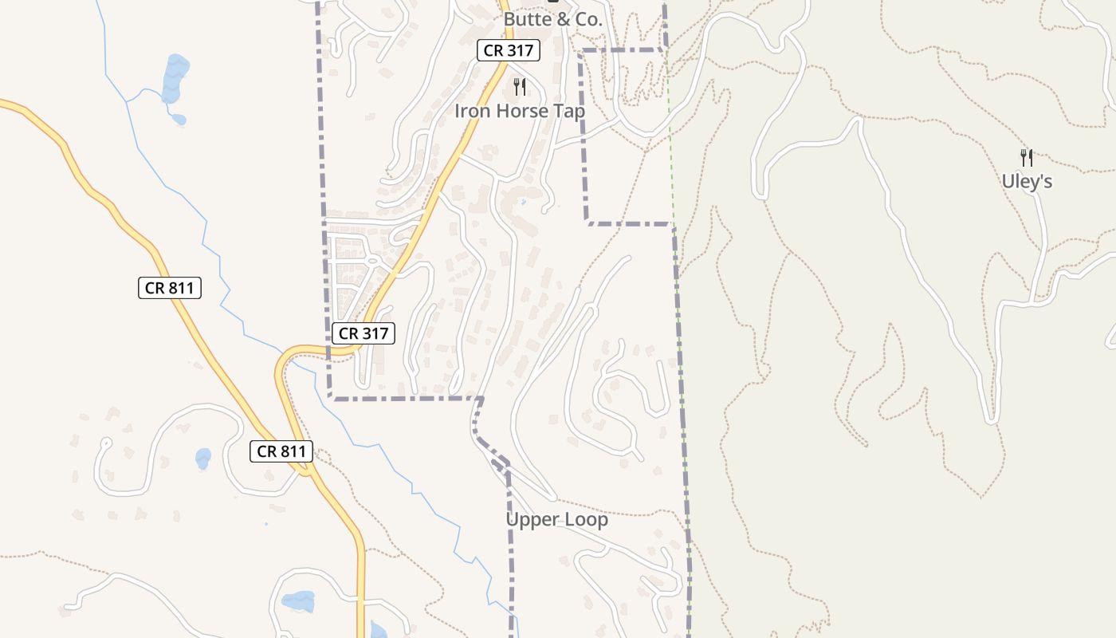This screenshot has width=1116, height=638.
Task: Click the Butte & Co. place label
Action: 552,20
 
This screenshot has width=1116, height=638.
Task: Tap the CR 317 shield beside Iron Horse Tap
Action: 509,50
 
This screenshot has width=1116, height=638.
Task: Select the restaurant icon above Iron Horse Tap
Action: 520,86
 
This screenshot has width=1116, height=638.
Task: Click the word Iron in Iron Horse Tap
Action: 470,111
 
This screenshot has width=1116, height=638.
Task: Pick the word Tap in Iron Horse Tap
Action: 570,111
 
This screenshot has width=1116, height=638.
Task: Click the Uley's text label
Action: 1027,182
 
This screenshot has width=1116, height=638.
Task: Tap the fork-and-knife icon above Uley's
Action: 1027,157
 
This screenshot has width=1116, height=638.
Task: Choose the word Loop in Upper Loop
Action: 584,520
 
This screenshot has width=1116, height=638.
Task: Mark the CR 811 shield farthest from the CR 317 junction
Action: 170,288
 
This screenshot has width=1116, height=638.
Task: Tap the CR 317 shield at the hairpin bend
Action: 363,333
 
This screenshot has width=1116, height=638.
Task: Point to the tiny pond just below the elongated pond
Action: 179,120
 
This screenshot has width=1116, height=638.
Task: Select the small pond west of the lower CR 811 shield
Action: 203,459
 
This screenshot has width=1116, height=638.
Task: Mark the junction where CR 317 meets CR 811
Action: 306,471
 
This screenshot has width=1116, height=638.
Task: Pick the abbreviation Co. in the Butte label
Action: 587,20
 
